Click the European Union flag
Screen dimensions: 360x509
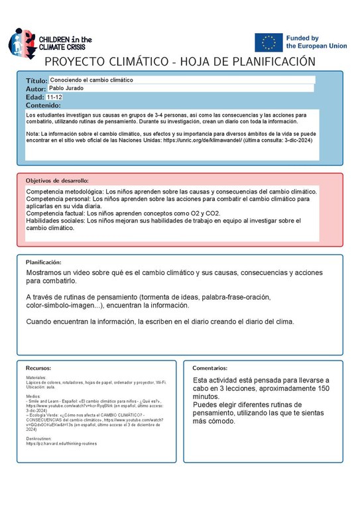[269, 42]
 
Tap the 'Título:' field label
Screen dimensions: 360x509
[37, 80]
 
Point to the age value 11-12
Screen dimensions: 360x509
[55, 97]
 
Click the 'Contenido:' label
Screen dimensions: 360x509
[43, 105]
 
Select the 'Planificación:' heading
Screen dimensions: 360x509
[44, 262]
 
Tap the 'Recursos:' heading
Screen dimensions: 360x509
[38, 367]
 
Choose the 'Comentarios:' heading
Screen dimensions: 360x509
[210, 367]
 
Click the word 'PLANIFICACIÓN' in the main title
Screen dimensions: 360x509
[265, 62]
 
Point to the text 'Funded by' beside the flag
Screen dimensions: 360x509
[302, 39]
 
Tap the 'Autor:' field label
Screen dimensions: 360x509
[36, 89]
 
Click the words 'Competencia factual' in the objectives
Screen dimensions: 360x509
[56, 213]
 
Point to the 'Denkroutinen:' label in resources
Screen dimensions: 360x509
[38, 438]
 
